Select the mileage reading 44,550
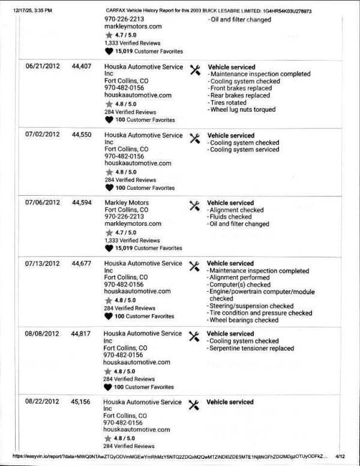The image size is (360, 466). click(81, 135)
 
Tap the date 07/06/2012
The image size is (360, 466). click(42, 203)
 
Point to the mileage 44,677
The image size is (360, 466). click(81, 264)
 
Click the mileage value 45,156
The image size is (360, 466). click(81, 402)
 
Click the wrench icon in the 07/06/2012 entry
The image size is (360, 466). click(194, 205)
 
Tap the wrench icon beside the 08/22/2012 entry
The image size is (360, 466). click(194, 404)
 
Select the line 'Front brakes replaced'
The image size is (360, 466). click(239, 88)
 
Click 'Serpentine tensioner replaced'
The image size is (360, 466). click(251, 348)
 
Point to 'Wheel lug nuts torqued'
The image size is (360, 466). click(242, 110)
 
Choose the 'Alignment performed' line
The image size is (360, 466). click(239, 277)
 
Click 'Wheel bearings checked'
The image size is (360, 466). click(242, 321)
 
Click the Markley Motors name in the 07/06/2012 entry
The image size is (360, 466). click(127, 203)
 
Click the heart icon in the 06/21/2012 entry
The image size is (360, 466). click(109, 119)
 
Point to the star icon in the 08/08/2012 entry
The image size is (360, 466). click(109, 371)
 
